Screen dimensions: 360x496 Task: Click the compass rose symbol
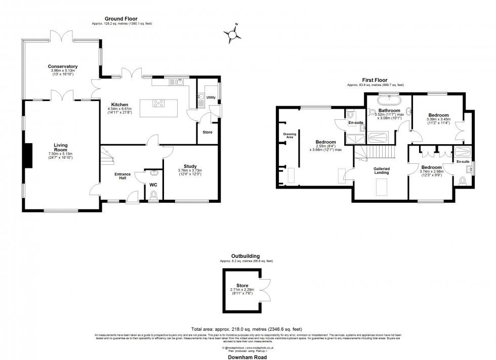pyautogui.click(x=233, y=33)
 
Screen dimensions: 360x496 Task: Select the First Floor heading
pyautogui.click(x=375, y=80)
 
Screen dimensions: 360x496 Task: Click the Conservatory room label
pyautogui.click(x=63, y=66)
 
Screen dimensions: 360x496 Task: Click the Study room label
pyautogui.click(x=190, y=165)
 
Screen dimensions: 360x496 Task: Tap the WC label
pyautogui.click(x=153, y=185)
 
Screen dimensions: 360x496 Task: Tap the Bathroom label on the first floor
pyautogui.click(x=390, y=110)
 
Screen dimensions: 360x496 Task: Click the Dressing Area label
pyautogui.click(x=289, y=136)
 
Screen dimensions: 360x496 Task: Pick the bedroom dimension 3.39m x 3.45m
pyautogui.click(x=438, y=120)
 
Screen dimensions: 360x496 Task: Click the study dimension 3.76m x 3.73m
pyautogui.click(x=190, y=170)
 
